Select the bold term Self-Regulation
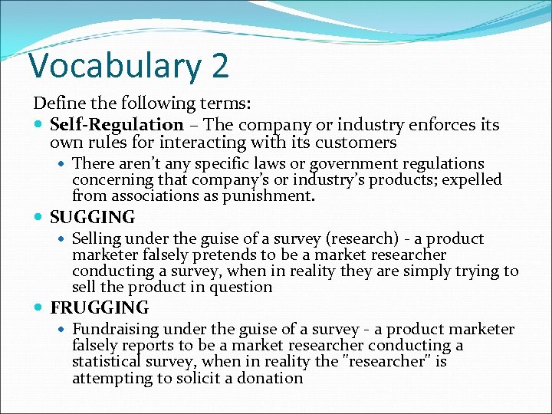tap(117, 124)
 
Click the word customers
tap(360, 143)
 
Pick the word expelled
tap(471, 179)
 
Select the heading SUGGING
tap(92, 218)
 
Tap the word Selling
tap(97, 239)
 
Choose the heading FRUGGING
tap(100, 308)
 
